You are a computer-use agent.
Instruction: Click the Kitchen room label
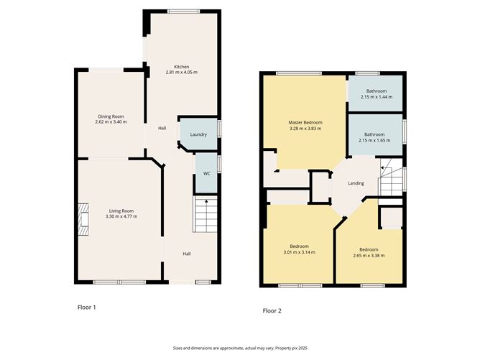(182, 67)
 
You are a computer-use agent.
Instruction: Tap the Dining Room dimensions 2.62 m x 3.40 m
(111, 122)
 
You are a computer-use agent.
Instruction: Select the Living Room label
(121, 211)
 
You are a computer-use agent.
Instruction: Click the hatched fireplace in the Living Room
(83, 219)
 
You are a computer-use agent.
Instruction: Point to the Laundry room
(198, 134)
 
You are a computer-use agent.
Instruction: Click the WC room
(207, 173)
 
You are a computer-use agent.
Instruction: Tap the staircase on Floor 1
(206, 214)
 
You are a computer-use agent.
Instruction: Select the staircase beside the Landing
(391, 177)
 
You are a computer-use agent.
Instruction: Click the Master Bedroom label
(305, 122)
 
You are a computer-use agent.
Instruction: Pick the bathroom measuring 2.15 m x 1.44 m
(376, 93)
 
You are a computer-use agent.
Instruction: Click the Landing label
(356, 183)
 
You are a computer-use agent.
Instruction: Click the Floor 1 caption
(87, 308)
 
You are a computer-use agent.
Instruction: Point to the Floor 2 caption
(272, 311)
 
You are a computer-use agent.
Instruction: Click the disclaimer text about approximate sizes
(240, 348)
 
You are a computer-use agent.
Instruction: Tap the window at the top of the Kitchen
(183, 11)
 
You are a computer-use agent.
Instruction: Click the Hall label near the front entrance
(187, 254)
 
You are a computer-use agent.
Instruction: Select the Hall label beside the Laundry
(162, 129)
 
